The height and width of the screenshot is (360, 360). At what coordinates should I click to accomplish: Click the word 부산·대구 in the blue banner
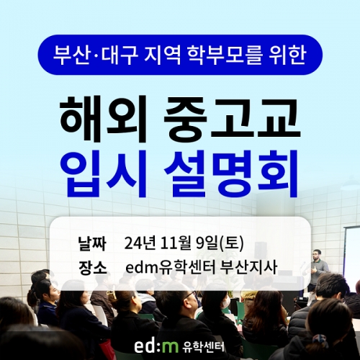(x=96, y=55)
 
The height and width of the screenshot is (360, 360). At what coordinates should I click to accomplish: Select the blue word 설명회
(x=231, y=173)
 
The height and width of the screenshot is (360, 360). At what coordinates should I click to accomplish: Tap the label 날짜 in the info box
(x=92, y=243)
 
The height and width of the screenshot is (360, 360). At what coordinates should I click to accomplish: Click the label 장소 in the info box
(x=92, y=268)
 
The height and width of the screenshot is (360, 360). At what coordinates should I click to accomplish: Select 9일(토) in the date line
(x=220, y=243)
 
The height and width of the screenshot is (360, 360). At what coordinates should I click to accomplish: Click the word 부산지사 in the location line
(x=250, y=268)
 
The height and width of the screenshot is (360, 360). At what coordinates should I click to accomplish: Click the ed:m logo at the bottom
(x=156, y=346)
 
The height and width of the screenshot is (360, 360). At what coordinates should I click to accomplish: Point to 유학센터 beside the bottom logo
(x=203, y=346)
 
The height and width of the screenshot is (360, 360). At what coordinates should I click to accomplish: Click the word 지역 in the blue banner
(x=163, y=55)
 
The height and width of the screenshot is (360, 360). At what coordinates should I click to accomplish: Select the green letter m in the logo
(x=171, y=348)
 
